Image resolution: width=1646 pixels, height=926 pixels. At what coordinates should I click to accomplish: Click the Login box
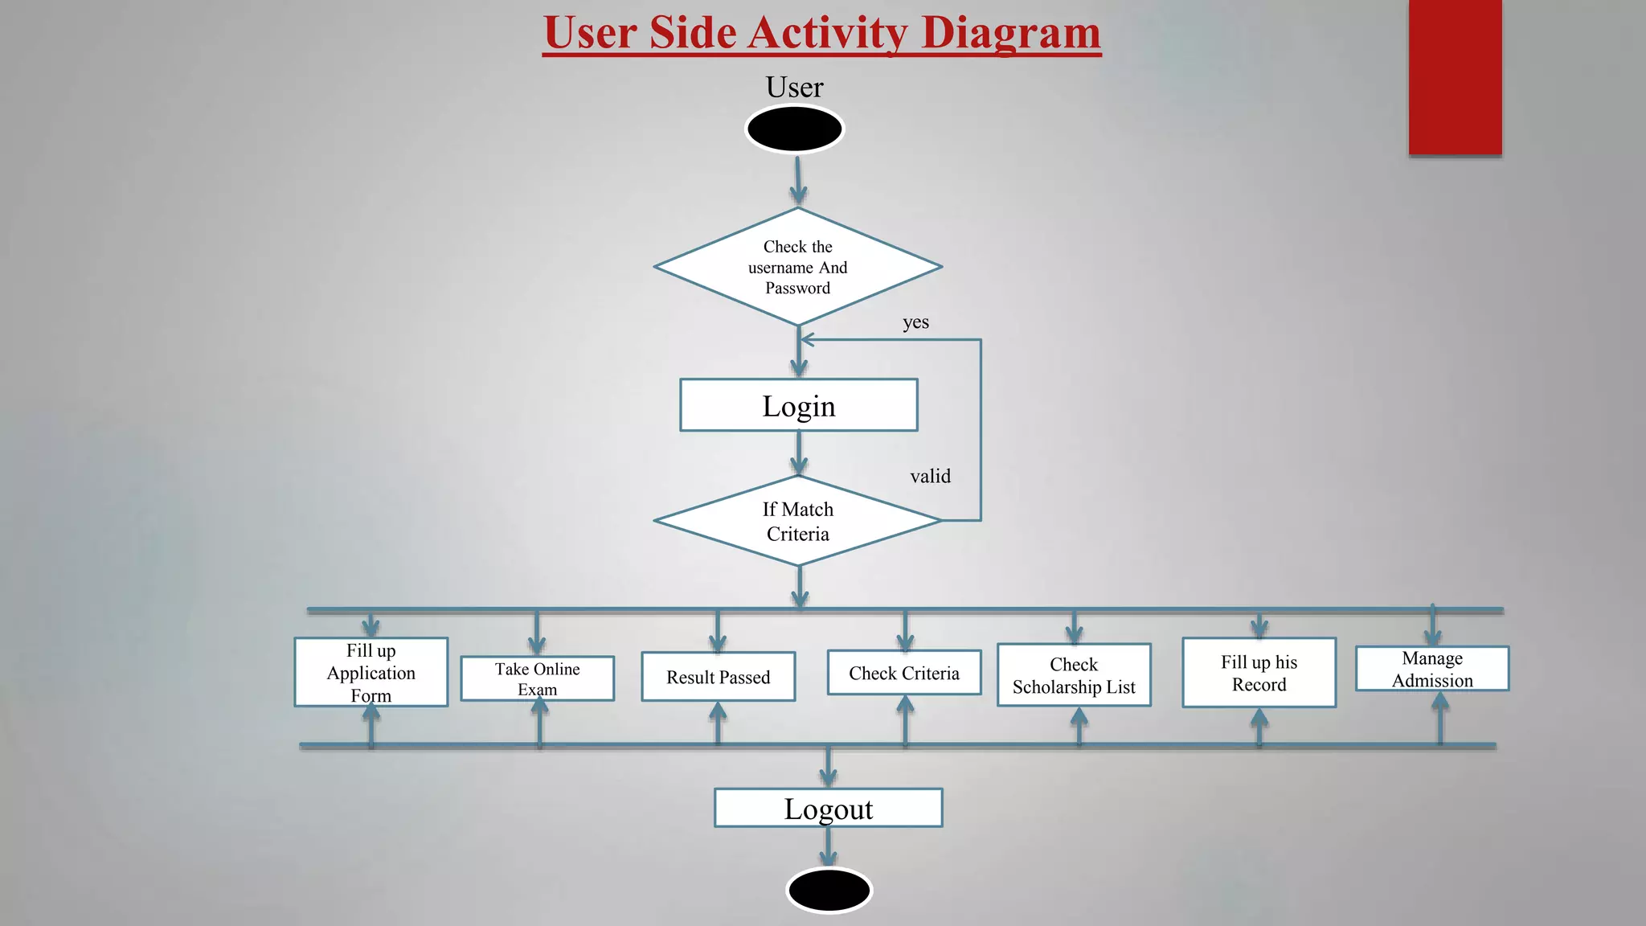[798, 405]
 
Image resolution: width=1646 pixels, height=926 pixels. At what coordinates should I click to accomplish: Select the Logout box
[828, 808]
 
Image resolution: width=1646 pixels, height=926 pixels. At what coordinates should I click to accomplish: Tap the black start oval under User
[794, 129]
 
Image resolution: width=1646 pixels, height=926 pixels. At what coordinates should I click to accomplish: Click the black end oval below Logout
[829, 890]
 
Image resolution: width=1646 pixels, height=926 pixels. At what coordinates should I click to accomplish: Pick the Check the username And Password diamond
[797, 267]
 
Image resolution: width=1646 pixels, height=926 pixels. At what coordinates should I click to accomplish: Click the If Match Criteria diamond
[797, 521]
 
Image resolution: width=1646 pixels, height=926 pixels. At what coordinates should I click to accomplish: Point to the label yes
[915, 322]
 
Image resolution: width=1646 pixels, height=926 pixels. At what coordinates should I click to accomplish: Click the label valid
[930, 476]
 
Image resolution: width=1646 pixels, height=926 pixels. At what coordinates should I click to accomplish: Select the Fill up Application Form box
[371, 672]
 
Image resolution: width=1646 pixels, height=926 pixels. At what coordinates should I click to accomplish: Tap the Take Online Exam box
[537, 678]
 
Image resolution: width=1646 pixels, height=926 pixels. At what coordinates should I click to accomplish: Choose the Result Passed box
[718, 677]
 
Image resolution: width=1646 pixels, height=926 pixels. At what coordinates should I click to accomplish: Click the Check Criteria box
[903, 673]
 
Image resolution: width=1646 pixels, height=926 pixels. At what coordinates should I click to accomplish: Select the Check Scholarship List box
[1074, 675]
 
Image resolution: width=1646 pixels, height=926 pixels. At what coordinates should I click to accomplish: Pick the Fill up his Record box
[1259, 673]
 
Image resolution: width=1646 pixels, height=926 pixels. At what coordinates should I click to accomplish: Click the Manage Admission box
[1431, 669]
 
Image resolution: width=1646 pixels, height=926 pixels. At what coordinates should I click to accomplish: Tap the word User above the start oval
[794, 87]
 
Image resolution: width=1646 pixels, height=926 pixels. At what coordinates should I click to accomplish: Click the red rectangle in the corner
[1455, 77]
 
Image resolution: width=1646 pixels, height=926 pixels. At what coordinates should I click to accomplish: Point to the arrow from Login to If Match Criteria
[798, 453]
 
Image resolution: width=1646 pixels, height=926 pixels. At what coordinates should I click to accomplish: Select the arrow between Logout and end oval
[828, 847]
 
